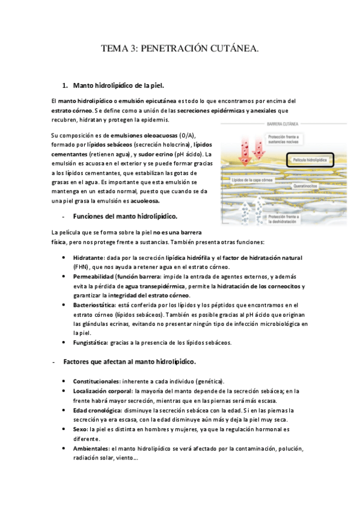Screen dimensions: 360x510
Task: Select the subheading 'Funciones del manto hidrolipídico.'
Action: [x=124, y=216]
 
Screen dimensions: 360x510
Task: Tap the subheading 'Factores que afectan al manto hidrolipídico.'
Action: [x=129, y=362]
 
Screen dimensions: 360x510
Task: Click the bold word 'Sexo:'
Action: [x=80, y=429]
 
